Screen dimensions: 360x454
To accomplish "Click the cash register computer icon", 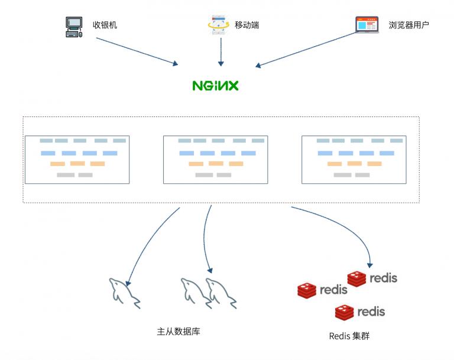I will [73, 27].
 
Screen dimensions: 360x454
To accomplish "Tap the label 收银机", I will [105, 25].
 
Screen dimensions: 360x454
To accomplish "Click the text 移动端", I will [247, 25].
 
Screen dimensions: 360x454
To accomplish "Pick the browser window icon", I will [367, 25].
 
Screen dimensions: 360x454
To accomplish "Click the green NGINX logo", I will [215, 86].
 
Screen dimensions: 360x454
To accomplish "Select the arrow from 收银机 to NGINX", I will [137, 51].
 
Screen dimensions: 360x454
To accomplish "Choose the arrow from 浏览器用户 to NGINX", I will [307, 49].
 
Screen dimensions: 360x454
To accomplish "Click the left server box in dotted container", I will [77, 160].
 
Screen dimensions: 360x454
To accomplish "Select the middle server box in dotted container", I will [215, 160].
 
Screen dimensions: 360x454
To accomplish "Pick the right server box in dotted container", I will [354, 160].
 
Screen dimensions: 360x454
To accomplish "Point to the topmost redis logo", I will [372, 278].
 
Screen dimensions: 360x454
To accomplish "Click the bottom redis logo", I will [359, 312].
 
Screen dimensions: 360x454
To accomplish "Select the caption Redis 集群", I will [349, 336].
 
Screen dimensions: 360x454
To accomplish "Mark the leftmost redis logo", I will [322, 290].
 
